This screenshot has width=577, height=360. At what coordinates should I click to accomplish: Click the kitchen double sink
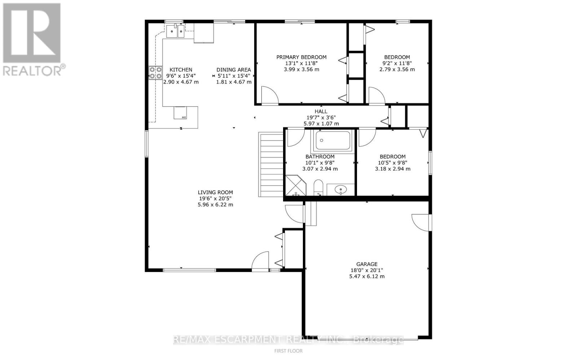[175, 31]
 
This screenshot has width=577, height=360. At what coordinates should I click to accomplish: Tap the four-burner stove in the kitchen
[155, 72]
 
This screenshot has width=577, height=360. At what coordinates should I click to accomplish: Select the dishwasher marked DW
[180, 113]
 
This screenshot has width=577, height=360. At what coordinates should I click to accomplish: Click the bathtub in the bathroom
[333, 140]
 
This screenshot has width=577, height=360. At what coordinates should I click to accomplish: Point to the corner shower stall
[296, 185]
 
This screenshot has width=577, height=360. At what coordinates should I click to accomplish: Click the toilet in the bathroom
[318, 188]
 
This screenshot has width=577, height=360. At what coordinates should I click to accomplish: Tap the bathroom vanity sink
[340, 190]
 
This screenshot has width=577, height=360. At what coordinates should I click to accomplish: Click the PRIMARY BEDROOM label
[301, 57]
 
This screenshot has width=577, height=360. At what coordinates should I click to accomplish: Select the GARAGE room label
[367, 264]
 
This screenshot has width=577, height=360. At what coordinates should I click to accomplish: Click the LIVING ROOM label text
[215, 192]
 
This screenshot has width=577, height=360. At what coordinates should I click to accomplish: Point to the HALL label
[321, 111]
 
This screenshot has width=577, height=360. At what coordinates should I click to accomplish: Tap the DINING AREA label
[234, 70]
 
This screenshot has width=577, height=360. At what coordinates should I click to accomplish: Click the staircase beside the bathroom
[271, 165]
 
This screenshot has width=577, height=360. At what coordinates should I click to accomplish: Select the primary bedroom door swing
[270, 95]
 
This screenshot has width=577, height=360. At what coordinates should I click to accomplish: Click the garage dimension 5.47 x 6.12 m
[367, 276]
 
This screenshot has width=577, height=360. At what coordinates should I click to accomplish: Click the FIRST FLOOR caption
[288, 351]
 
